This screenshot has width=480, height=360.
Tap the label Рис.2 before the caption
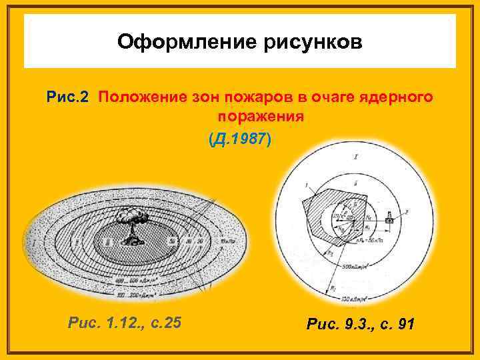pyautogui.click(x=68, y=98)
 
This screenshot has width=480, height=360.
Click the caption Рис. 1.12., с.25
pyautogui.click(x=125, y=323)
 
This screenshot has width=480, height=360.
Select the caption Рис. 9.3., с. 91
pyautogui.click(x=359, y=324)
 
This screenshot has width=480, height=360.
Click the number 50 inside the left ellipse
pyautogui.click(x=172, y=241)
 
